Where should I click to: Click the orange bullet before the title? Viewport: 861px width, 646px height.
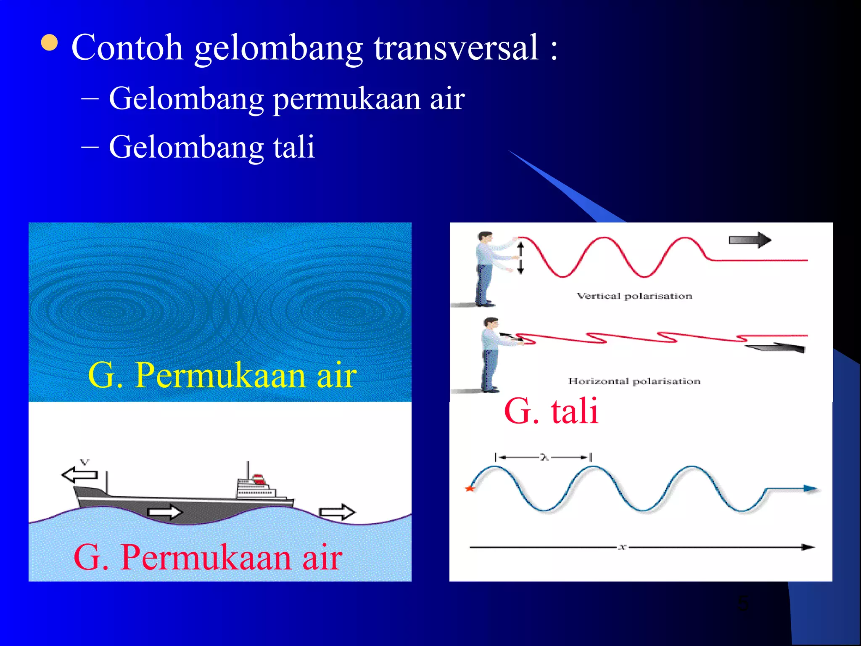(50, 43)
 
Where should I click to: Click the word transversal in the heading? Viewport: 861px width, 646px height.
(456, 47)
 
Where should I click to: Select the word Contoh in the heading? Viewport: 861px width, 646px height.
(127, 47)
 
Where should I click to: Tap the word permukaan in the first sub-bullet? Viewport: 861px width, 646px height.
(346, 99)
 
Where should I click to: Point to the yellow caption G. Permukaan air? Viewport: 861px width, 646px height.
(222, 375)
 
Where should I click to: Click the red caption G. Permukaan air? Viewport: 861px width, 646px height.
(208, 557)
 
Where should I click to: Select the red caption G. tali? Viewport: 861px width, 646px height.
(551, 411)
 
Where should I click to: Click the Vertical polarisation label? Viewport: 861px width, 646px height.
(634, 296)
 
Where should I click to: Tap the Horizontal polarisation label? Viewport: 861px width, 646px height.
(634, 381)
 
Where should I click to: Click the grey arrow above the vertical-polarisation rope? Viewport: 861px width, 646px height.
(750, 240)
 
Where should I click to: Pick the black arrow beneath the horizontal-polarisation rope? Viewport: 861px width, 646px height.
(776, 347)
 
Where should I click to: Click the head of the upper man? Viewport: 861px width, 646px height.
(485, 238)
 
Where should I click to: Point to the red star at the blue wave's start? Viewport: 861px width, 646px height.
(470, 488)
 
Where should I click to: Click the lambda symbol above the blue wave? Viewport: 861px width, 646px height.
(544, 457)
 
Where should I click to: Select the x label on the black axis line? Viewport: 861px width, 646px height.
(622, 547)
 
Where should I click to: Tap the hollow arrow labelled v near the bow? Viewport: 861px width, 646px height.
(80, 474)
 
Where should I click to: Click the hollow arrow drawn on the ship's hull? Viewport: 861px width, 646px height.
(165, 511)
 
